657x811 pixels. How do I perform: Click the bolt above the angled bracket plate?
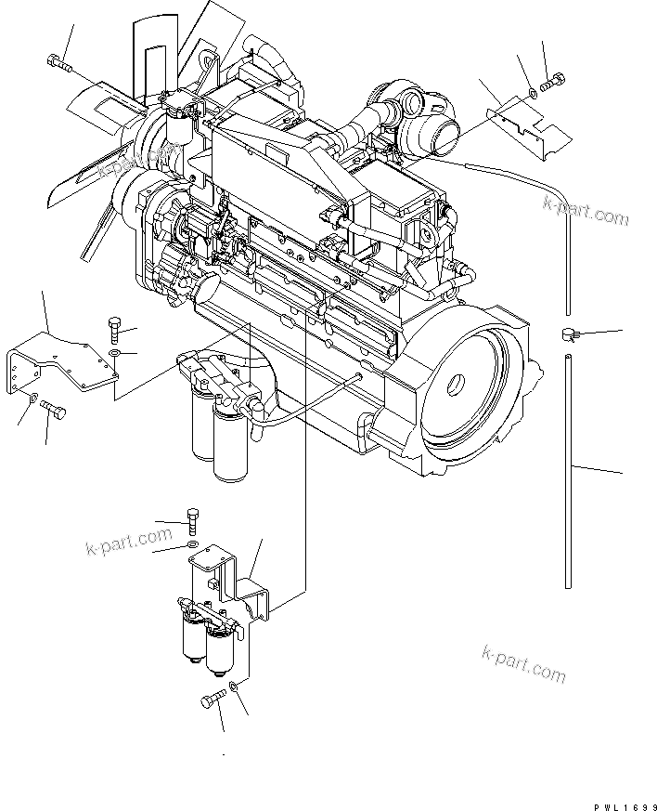(x=113, y=327)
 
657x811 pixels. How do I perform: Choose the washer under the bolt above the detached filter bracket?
(x=192, y=543)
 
